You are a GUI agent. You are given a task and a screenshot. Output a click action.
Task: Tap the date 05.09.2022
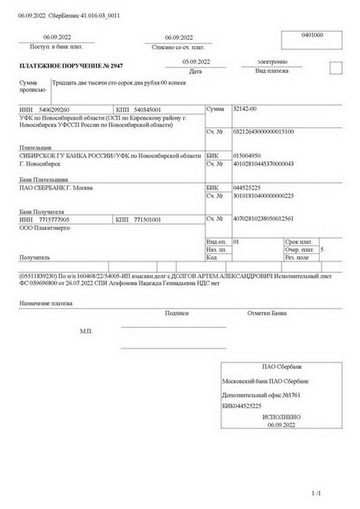coord(196,62)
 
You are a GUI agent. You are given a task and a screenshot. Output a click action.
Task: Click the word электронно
coord(272,62)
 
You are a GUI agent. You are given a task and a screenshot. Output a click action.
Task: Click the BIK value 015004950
coord(247,155)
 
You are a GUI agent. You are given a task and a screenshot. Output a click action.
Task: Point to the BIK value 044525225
coord(247,188)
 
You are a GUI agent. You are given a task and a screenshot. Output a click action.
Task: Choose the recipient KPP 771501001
coord(147,220)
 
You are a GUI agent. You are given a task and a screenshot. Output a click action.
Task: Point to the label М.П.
coord(86,331)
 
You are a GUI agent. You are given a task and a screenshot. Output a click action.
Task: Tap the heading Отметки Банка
coord(266,313)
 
